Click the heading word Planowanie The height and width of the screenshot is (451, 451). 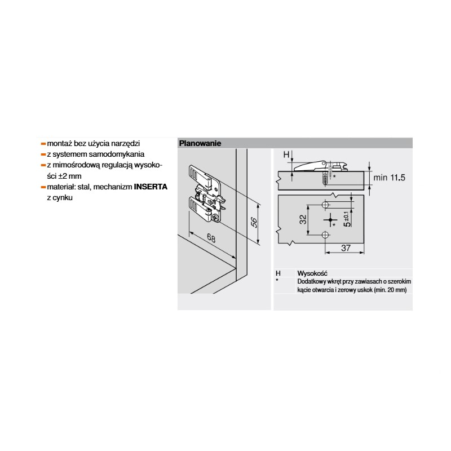click(200, 143)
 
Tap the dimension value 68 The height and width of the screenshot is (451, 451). click(211, 238)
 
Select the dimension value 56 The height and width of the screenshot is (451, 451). click(253, 222)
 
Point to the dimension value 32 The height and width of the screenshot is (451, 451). click(303, 220)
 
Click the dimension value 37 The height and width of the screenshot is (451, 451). click(346, 248)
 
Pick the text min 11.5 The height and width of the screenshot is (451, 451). click(389, 178)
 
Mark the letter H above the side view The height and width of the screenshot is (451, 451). click(286, 154)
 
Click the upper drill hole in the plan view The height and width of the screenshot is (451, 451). click(325, 205)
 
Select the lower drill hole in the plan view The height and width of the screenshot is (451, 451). click(325, 235)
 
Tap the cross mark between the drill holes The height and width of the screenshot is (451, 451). click(330, 220)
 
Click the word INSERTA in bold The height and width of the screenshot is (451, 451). click(151, 187)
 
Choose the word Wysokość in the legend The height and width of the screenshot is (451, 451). click(312, 273)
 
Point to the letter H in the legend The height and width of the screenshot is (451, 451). click(278, 273)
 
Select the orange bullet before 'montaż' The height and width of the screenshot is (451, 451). click(43, 144)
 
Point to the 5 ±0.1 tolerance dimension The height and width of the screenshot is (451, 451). click(347, 219)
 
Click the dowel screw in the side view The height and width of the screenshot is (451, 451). click(325, 178)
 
